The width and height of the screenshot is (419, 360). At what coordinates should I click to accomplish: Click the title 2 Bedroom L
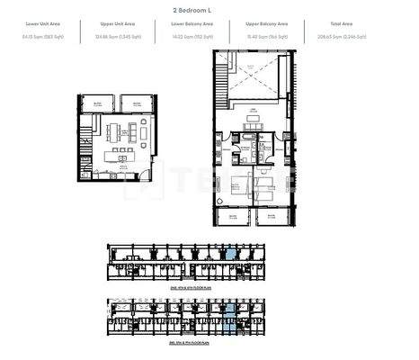pyautogui.click(x=209, y=8)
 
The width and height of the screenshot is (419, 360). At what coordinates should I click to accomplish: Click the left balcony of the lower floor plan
pyautogui.click(x=102, y=103)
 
